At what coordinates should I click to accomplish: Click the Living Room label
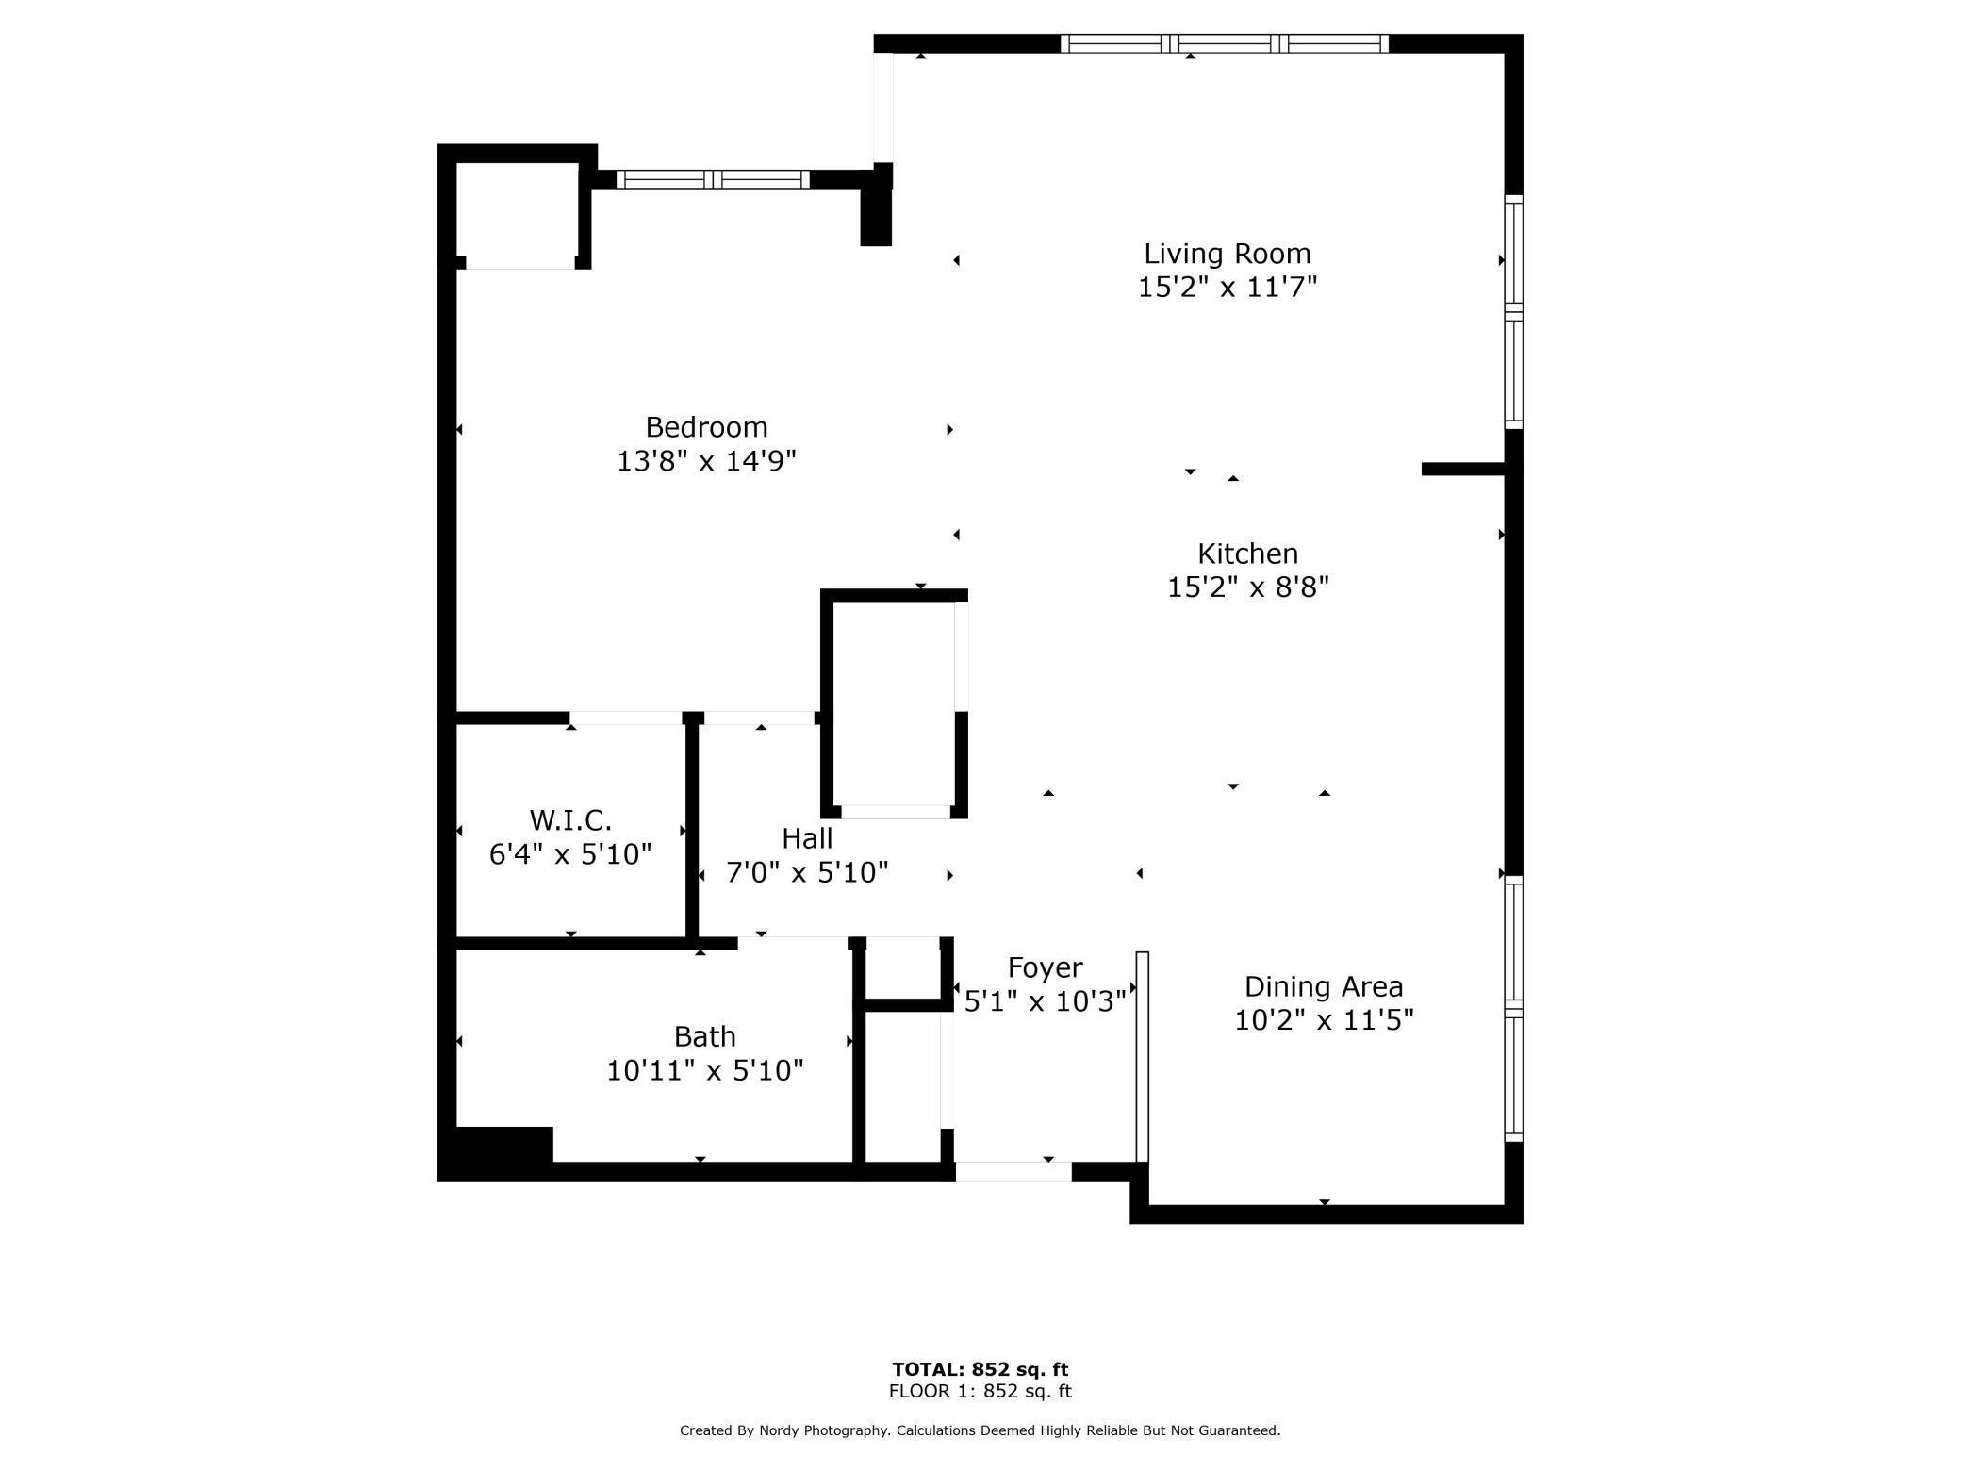pyautogui.click(x=1227, y=254)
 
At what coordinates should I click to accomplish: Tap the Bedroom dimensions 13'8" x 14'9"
pyautogui.click(x=706, y=461)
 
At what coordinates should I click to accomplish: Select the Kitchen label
pyautogui.click(x=1247, y=554)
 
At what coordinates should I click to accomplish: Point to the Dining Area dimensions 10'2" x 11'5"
pyautogui.click(x=1324, y=1020)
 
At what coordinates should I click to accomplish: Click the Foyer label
pyautogui.click(x=1045, y=968)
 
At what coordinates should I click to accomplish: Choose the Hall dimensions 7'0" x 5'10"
pyautogui.click(x=807, y=872)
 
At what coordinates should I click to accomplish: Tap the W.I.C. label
pyautogui.click(x=570, y=819)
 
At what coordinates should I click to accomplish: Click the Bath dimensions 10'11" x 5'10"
pyautogui.click(x=704, y=1070)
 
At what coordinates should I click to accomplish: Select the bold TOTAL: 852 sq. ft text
pyautogui.click(x=980, y=1369)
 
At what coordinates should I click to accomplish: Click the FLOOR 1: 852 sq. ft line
pyautogui.click(x=980, y=1391)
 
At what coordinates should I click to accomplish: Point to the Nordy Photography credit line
pyautogui.click(x=980, y=1430)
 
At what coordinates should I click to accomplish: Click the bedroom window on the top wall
pyautogui.click(x=713, y=179)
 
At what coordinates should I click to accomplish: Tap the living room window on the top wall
pyautogui.click(x=1225, y=43)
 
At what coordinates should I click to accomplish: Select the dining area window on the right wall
pyautogui.click(x=1513, y=1008)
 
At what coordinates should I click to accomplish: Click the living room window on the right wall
pyautogui.click(x=1513, y=312)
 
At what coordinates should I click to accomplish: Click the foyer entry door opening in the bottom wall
pyautogui.click(x=1013, y=1171)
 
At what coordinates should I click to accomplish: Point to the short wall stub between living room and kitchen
pyautogui.click(x=1462, y=469)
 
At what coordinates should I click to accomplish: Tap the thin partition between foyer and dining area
pyautogui.click(x=1142, y=1056)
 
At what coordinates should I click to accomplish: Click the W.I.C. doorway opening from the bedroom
pyautogui.click(x=625, y=719)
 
